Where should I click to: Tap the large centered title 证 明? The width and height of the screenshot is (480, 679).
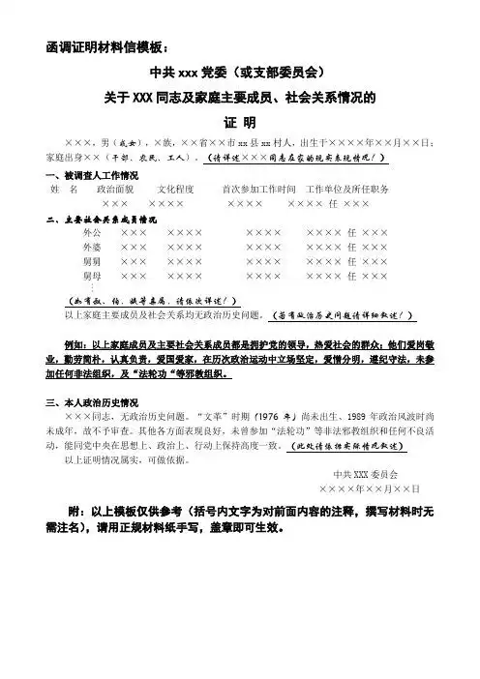coord(238,123)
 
